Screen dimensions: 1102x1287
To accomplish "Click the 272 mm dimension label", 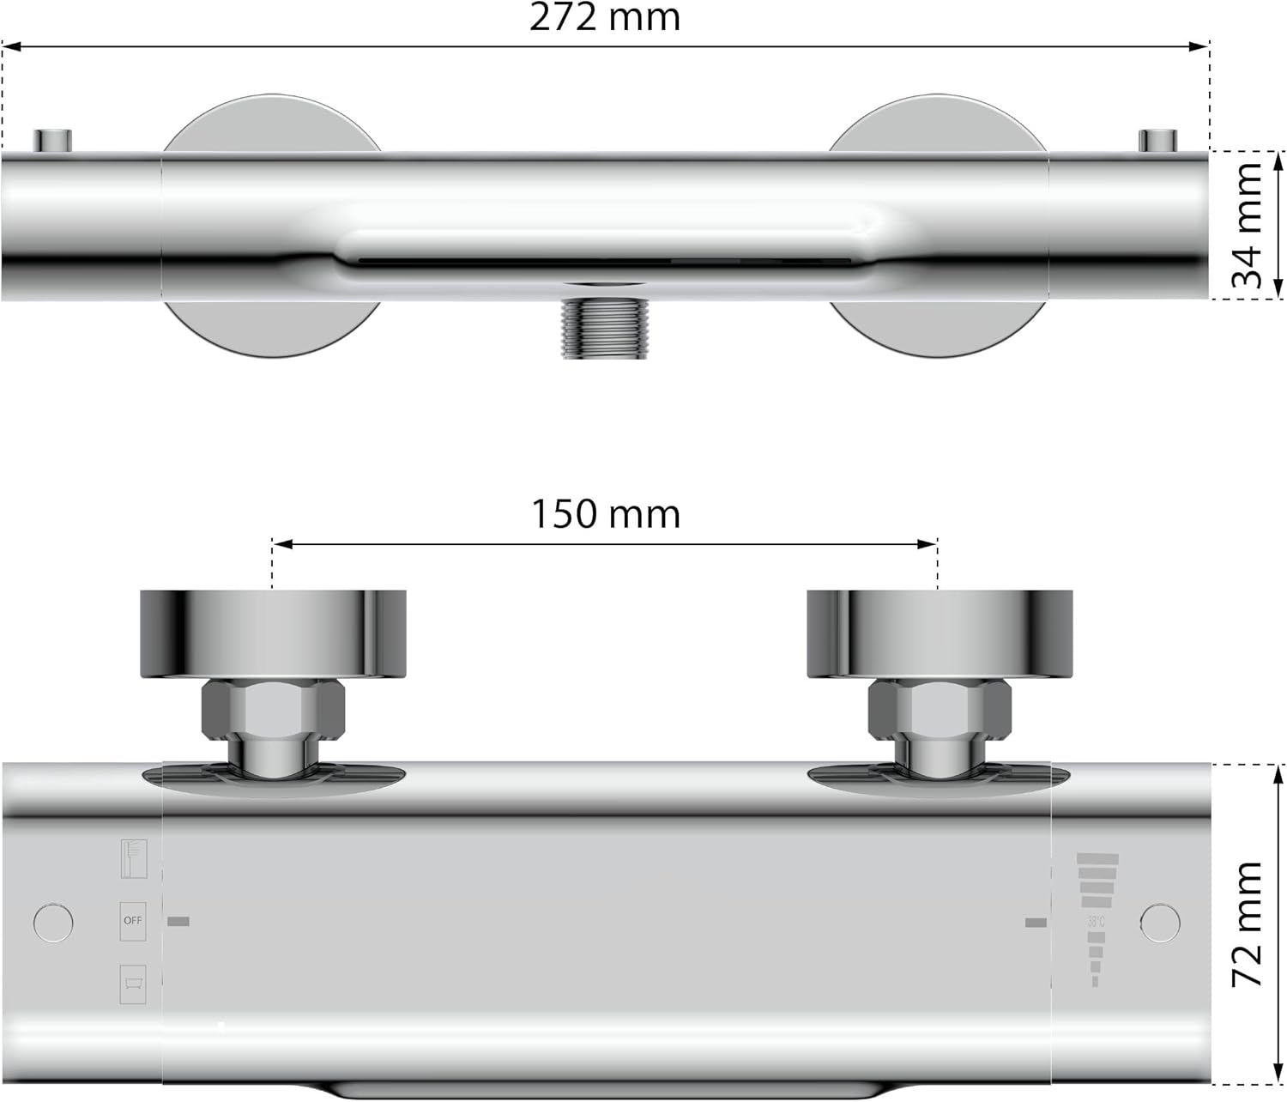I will pos(605,17).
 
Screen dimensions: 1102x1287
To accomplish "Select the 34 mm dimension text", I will pos(1248,225).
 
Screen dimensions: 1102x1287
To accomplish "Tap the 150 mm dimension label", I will pos(605,514).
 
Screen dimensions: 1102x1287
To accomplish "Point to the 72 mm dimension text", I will pos(1248,923).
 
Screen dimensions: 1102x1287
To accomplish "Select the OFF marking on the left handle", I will pos(133,921).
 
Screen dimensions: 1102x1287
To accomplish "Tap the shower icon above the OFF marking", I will pos(134,858).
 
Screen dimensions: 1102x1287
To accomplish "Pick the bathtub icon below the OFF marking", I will pos(133,984).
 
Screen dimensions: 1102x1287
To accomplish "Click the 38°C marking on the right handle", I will pos(1096,922).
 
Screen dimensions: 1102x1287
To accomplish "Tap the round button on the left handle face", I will pos(53,923).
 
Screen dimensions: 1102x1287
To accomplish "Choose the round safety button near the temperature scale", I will pos(1160,923).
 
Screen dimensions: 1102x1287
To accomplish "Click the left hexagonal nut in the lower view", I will pos(273,710).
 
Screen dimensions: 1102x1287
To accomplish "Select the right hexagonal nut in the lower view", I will pos(940,710).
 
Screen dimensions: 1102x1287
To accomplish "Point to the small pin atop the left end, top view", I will pos(52,140).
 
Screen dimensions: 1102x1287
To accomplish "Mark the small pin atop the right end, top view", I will pos(1157,140).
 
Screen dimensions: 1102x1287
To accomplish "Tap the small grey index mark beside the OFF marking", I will pos(178,922).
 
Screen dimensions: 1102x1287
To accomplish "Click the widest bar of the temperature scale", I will pos(1098,859).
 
